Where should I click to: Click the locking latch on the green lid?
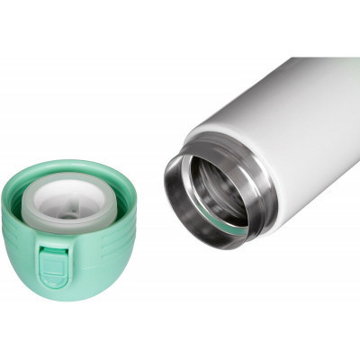click(x=53, y=265)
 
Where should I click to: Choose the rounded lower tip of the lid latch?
click(x=53, y=283)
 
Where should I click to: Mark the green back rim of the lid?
click(x=67, y=166)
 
